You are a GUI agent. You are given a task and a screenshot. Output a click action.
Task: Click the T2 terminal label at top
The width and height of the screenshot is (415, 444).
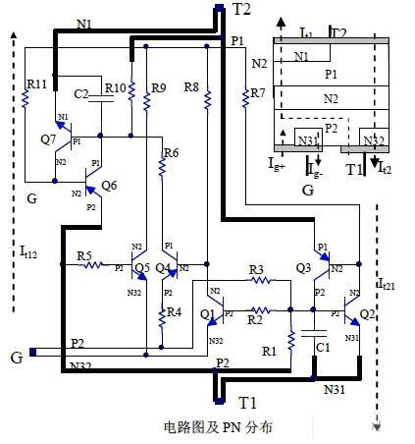click(x=242, y=9)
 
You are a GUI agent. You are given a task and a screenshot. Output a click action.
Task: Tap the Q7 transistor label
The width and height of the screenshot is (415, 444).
click(x=48, y=139)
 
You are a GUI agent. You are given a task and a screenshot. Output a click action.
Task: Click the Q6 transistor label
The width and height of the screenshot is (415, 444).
click(x=108, y=185)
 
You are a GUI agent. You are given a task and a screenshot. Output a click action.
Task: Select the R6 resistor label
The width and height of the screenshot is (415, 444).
click(x=171, y=153)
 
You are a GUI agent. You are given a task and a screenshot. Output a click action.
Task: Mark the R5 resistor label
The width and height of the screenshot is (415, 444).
click(x=85, y=256)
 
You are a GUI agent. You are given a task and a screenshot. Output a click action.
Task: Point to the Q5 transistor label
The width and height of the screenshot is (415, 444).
click(x=142, y=267)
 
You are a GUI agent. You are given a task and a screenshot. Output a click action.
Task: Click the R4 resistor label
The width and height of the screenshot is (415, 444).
click(x=173, y=312)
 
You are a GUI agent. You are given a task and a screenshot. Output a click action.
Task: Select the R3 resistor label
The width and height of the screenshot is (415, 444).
click(x=256, y=269)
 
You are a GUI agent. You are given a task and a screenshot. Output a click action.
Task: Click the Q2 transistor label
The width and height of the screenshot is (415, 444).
click(x=367, y=314)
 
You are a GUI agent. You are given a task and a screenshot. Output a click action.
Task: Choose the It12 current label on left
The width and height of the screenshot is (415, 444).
click(x=27, y=252)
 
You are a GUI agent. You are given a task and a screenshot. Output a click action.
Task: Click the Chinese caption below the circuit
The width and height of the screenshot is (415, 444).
click(x=217, y=427)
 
